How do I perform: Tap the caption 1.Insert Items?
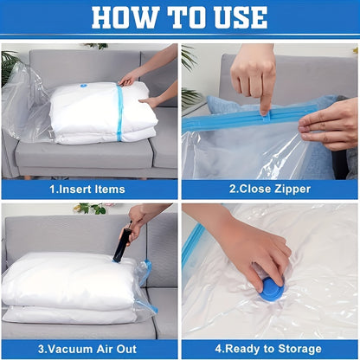[x=87, y=189]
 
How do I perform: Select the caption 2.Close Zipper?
[x=269, y=189]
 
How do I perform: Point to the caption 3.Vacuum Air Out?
[x=87, y=349]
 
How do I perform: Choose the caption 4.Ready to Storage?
[x=269, y=349]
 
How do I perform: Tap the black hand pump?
[x=121, y=245]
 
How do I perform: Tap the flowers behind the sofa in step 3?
[x=92, y=209]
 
